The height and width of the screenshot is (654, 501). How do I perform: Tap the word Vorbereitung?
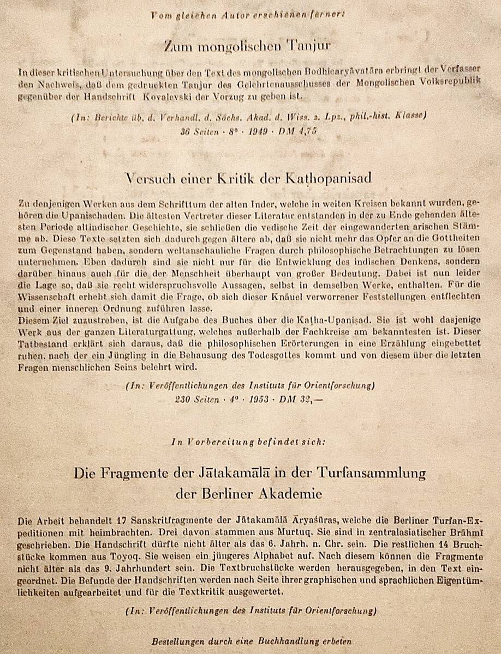pyautogui.click(x=221, y=441)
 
